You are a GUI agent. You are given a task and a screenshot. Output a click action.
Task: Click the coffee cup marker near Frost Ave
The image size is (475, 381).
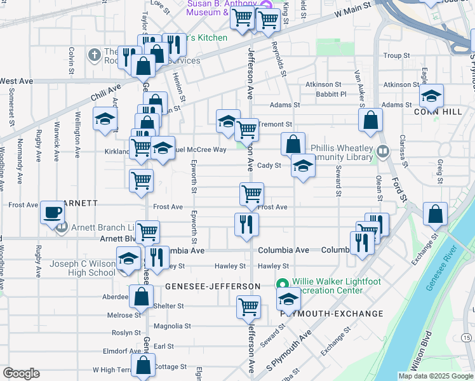(52, 212)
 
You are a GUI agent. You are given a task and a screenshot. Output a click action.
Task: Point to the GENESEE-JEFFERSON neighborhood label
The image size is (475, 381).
(213, 286)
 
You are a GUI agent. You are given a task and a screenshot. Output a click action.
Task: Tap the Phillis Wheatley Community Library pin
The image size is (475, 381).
(382, 152)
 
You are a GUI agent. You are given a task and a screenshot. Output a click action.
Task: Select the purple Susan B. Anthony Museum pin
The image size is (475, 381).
(267, 5)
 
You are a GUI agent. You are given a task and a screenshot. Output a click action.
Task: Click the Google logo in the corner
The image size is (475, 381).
(21, 373)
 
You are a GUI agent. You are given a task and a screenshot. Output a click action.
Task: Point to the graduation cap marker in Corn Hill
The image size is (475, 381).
(431, 96)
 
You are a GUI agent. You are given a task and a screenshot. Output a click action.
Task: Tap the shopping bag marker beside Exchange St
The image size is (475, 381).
(436, 214)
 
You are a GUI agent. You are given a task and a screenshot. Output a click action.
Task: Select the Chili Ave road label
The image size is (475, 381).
(105, 93)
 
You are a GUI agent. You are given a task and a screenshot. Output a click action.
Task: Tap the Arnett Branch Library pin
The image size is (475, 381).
(62, 227)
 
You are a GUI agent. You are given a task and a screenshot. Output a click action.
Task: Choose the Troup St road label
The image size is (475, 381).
(396, 56)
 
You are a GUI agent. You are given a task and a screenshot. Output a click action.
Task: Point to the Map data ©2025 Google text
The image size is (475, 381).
(435, 376)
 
